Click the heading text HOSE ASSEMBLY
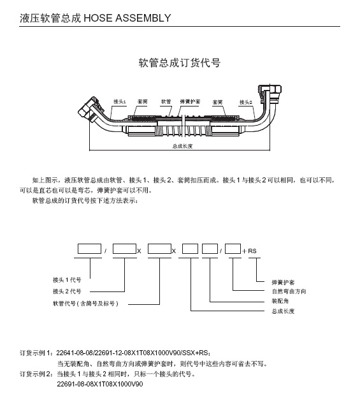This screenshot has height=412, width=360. click(x=127, y=18)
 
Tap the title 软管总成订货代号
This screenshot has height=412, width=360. click(x=180, y=63)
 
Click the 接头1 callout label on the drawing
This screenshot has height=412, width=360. click(x=120, y=101)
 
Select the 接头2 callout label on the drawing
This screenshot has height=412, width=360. click(x=245, y=102)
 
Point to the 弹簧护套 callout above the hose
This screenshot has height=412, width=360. click(x=190, y=101)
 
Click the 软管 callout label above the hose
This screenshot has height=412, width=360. click(x=166, y=101)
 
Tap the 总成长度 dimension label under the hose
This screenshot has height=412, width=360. click(x=182, y=146)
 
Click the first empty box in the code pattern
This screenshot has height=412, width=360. click(x=90, y=249)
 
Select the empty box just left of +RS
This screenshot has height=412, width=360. click(x=233, y=249)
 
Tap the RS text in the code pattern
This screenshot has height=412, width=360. click(x=252, y=251)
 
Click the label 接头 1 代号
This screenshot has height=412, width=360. click(x=67, y=280)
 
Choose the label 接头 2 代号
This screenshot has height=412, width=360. click(x=67, y=291)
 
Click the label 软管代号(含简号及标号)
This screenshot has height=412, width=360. click(x=85, y=304)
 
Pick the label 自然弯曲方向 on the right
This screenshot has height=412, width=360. click(x=289, y=291)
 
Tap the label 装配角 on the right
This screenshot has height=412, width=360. click(x=280, y=301)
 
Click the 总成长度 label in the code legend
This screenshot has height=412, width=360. click(x=283, y=311)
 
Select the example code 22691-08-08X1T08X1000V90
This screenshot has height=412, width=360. click(x=100, y=384)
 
